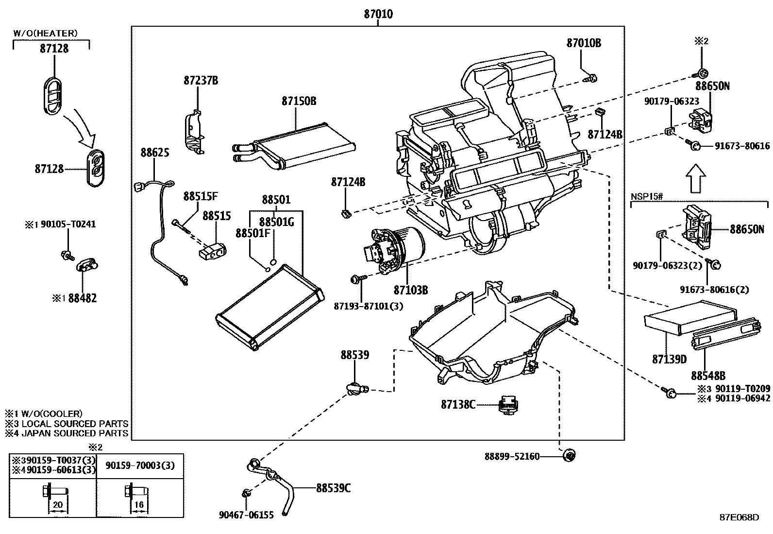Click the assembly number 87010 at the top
click(378, 14)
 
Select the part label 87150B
click(299, 101)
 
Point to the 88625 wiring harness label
click(155, 152)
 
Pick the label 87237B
click(201, 81)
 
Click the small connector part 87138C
click(508, 405)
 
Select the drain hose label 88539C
click(334, 488)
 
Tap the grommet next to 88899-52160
click(569, 455)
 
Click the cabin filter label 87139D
click(669, 359)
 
